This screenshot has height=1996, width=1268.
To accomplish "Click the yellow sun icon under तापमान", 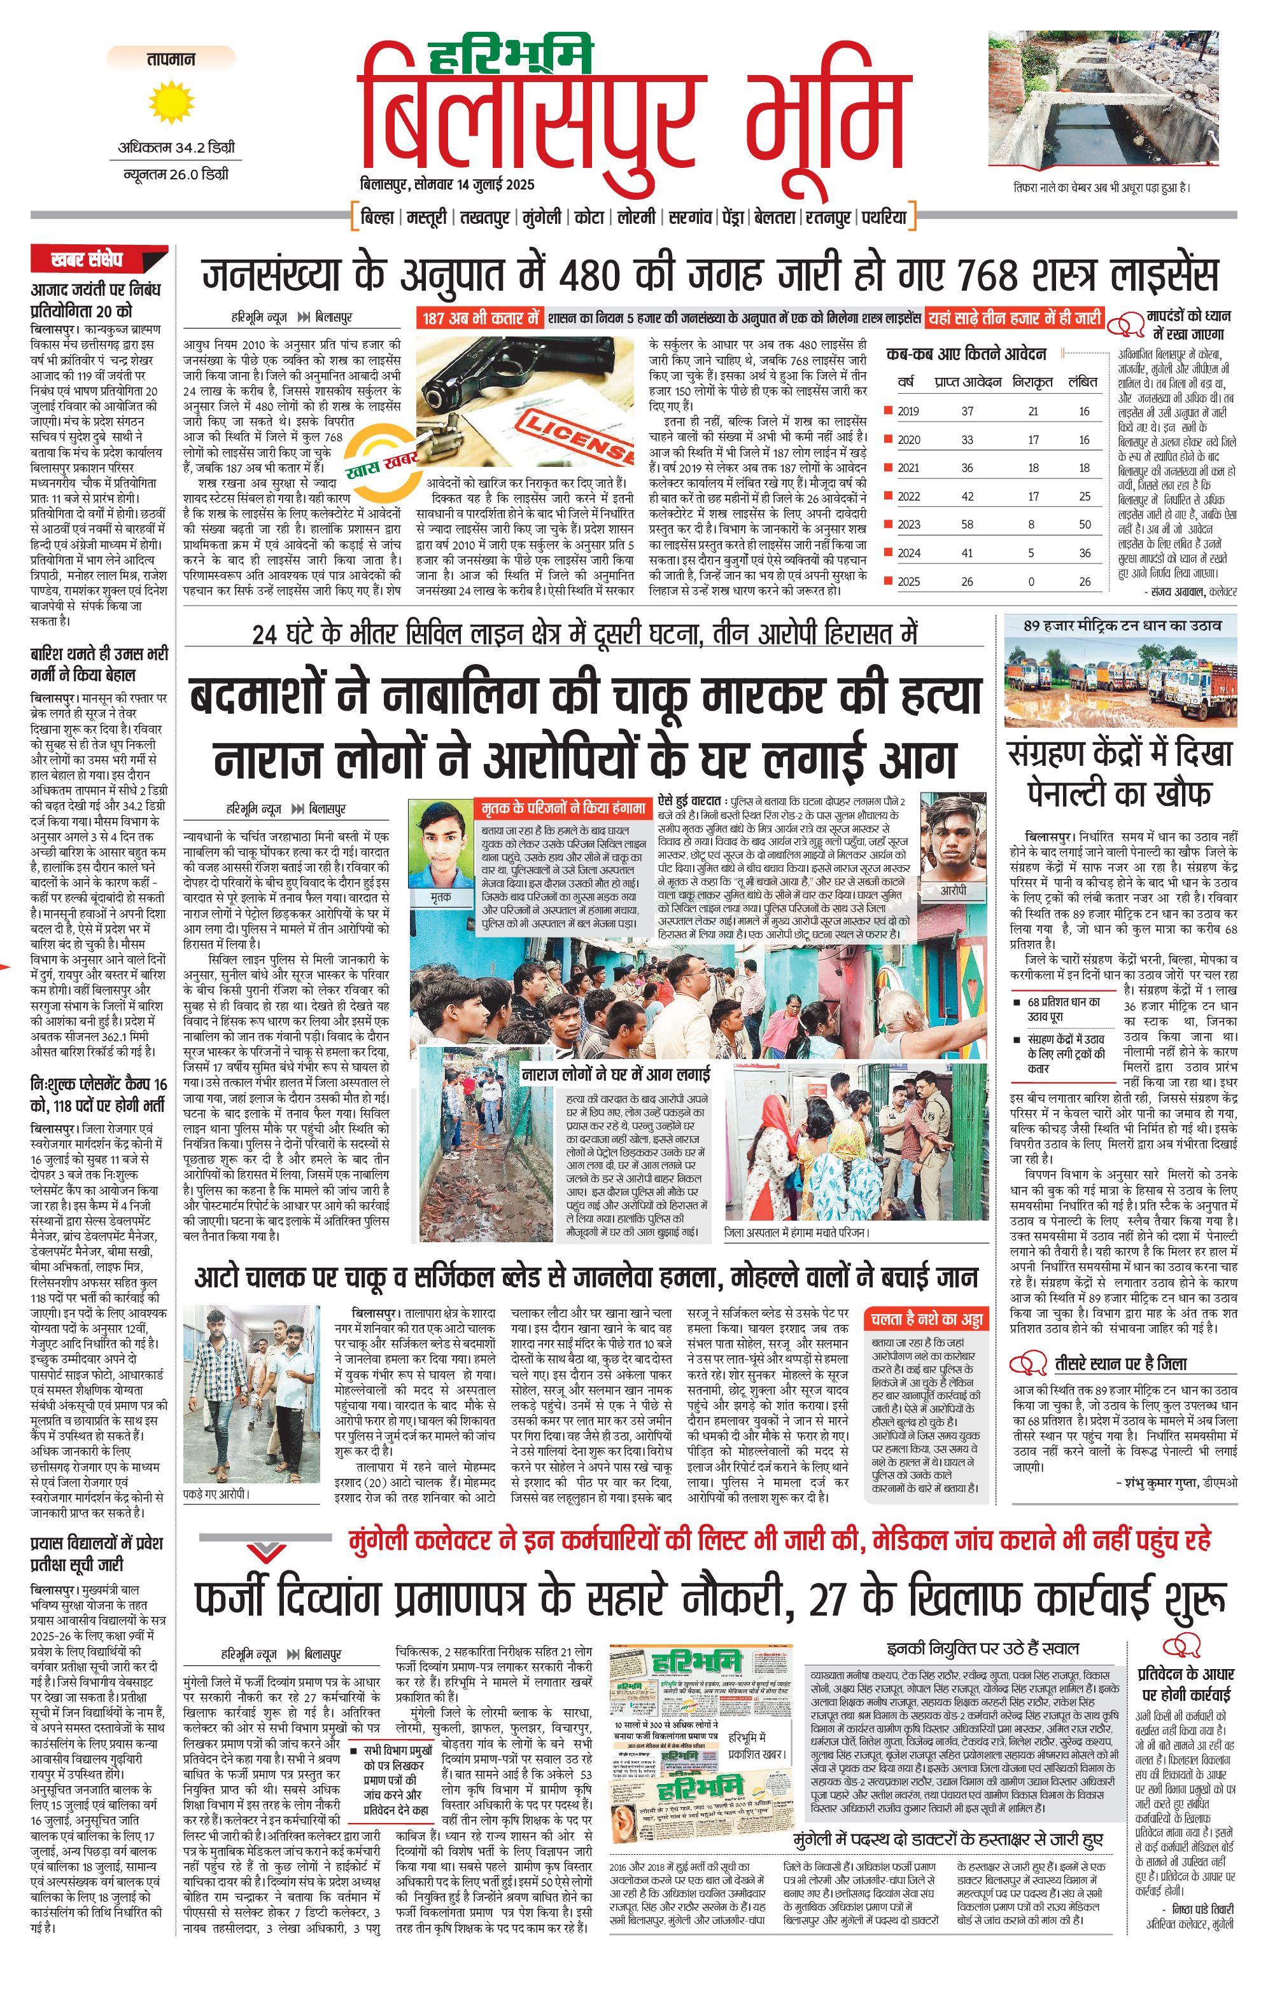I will (x=171, y=103).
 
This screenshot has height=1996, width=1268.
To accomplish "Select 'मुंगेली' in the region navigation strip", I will (x=542, y=217).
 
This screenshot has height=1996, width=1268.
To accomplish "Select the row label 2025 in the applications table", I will (x=908, y=581).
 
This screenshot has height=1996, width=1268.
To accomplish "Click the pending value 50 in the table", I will (x=1084, y=524).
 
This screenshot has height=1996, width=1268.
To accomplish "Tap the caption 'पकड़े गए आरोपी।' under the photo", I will (x=216, y=1494).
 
